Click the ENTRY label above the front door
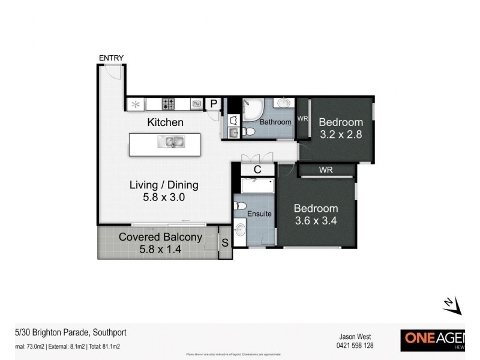112,58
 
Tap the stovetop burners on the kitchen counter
169,104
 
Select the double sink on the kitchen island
170,142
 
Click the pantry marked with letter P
213,104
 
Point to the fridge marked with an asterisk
136,104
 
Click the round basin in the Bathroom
284,104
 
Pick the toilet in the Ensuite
240,207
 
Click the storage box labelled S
225,243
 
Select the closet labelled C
257,170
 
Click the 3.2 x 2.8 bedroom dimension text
340,135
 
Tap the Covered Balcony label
160,237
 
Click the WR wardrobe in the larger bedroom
326,170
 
